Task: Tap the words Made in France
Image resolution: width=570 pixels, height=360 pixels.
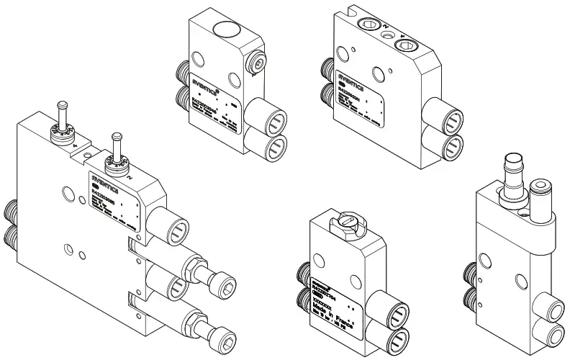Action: tap(328, 310)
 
